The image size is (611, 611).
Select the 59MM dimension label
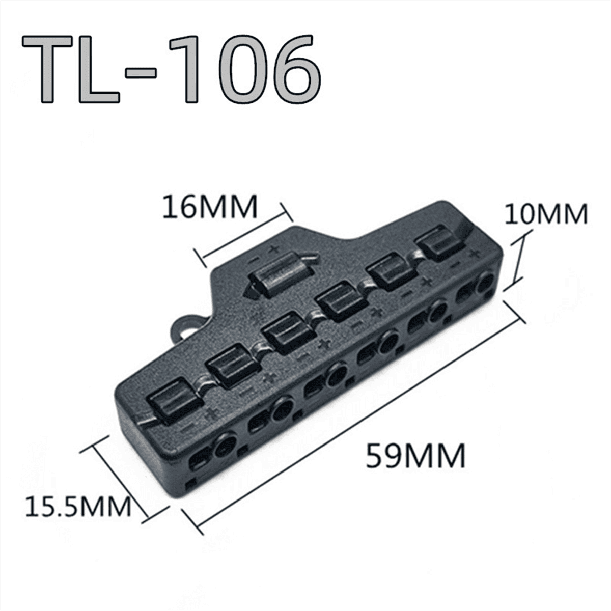coord(415,455)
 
